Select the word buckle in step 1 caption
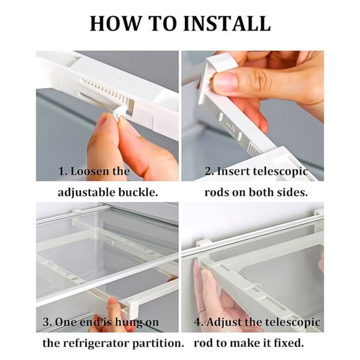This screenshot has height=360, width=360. point(139,193)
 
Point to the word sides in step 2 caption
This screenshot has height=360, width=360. point(290,193)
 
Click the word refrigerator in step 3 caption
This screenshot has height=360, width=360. point(106,344)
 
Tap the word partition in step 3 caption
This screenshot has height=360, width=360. point(160,344)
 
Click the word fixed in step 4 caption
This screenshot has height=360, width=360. point(287,344)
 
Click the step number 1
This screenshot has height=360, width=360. point(62,171)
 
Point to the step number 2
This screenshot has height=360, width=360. point(209,171)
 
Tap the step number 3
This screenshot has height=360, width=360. point(46,322)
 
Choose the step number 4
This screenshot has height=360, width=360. point(199,322)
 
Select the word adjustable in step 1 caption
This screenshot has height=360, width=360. point(84,193)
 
